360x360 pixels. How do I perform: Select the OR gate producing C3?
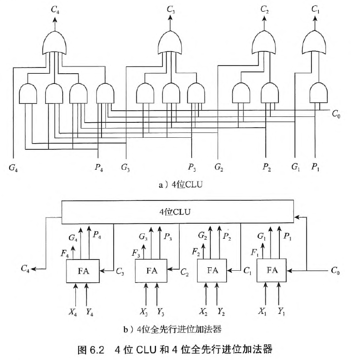point(171,44)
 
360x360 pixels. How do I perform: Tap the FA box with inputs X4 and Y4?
point(83,271)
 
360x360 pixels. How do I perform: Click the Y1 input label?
point(281,311)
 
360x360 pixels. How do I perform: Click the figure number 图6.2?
point(92,349)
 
